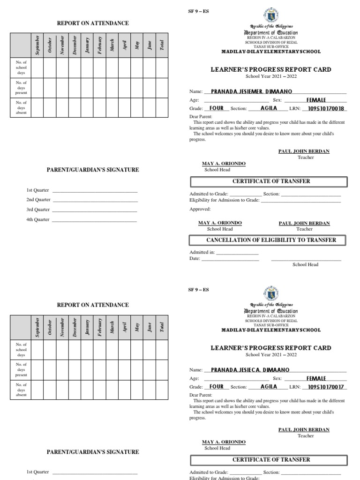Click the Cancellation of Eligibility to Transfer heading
pyautogui.click(x=268, y=240)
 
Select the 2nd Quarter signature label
pyautogui.click(x=38, y=200)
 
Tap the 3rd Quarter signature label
pyautogui.click(x=38, y=210)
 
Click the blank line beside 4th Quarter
pyautogui.click(x=95, y=220)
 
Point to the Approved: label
pyautogui.click(x=200, y=209)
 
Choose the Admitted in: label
pyautogui.click(x=202, y=252)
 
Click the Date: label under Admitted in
pyautogui.click(x=195, y=258)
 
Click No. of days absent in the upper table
pyautogui.click(x=21, y=107)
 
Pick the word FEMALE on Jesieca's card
pyautogui.click(x=316, y=378)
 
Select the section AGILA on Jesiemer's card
pyautogui.click(x=269, y=108)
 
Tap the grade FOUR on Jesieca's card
pyautogui.click(x=217, y=387)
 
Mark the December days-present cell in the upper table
pyautogui.click(x=75, y=88)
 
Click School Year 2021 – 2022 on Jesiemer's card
pyautogui.click(x=271, y=76)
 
